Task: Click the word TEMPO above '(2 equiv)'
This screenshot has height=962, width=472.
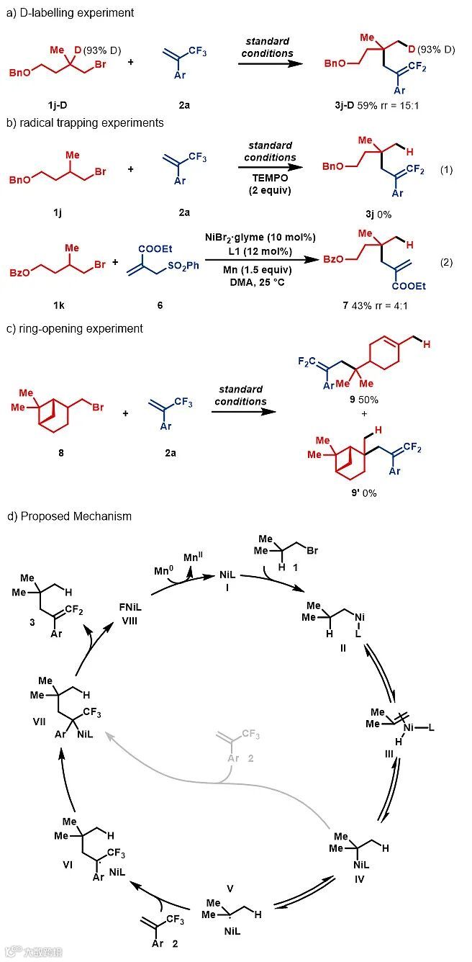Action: point(266,180)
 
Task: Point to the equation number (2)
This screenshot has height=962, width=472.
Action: point(446,262)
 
